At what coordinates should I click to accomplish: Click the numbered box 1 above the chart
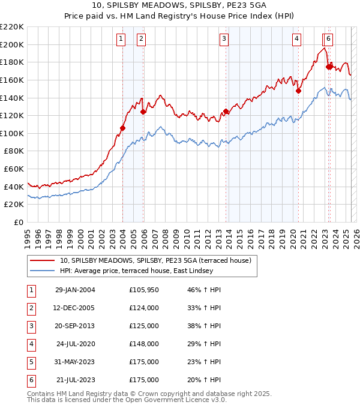(x=121, y=40)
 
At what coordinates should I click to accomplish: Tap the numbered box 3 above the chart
(x=224, y=40)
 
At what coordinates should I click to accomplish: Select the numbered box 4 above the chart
(x=297, y=40)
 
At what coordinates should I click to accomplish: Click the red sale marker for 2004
(x=122, y=128)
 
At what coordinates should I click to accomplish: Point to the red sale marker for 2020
(x=298, y=91)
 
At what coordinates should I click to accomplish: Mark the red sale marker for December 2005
(x=143, y=112)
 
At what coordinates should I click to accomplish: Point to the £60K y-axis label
(x=14, y=169)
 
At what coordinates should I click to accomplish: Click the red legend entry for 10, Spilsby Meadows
(x=158, y=260)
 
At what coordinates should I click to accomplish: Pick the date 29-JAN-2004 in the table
(x=75, y=290)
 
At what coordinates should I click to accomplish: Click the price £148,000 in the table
(x=144, y=344)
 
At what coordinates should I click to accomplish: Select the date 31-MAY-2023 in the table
(x=75, y=362)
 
